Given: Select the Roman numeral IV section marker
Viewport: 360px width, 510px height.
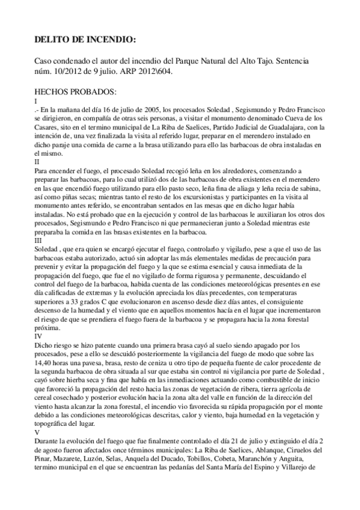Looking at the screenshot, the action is pyautogui.click(x=38, y=336).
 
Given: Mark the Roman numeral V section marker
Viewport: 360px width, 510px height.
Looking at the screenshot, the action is pyautogui.click(x=37, y=432).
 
